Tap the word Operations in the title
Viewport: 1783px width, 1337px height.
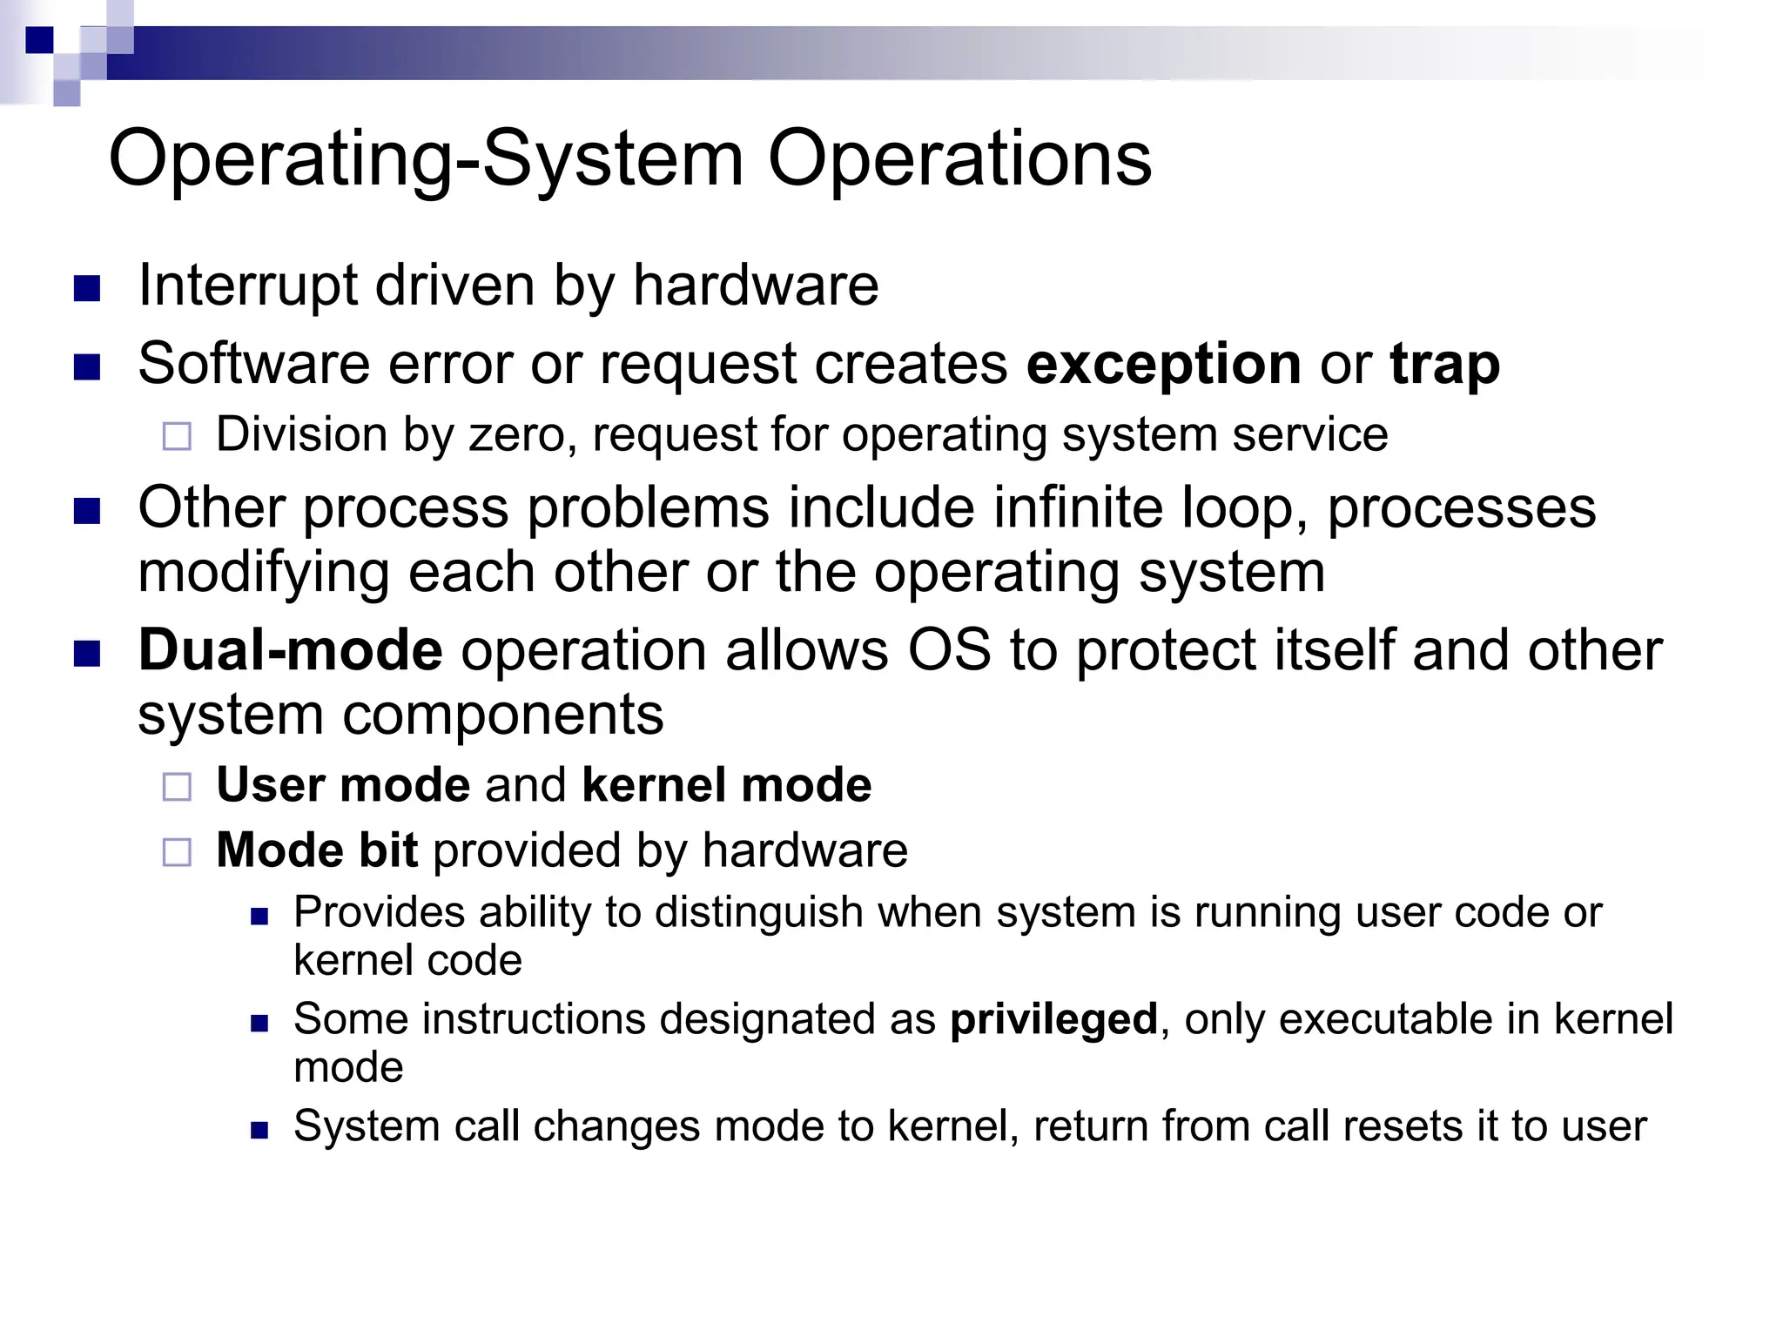pos(959,160)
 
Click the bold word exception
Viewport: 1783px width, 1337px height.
pos(1164,364)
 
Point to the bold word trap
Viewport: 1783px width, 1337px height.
pos(1445,364)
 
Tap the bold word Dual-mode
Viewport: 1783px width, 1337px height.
pos(290,650)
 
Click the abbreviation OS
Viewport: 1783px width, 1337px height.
pos(949,650)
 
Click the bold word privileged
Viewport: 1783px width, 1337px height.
pos(1053,1019)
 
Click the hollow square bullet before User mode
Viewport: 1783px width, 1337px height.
pos(177,787)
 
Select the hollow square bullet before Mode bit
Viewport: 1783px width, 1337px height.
pos(177,852)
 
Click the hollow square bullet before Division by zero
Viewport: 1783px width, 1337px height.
pos(177,436)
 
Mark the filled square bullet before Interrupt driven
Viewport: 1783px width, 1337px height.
pos(87,288)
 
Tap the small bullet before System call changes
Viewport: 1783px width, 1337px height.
pos(259,1130)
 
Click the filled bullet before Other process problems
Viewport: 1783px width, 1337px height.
pos(87,511)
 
